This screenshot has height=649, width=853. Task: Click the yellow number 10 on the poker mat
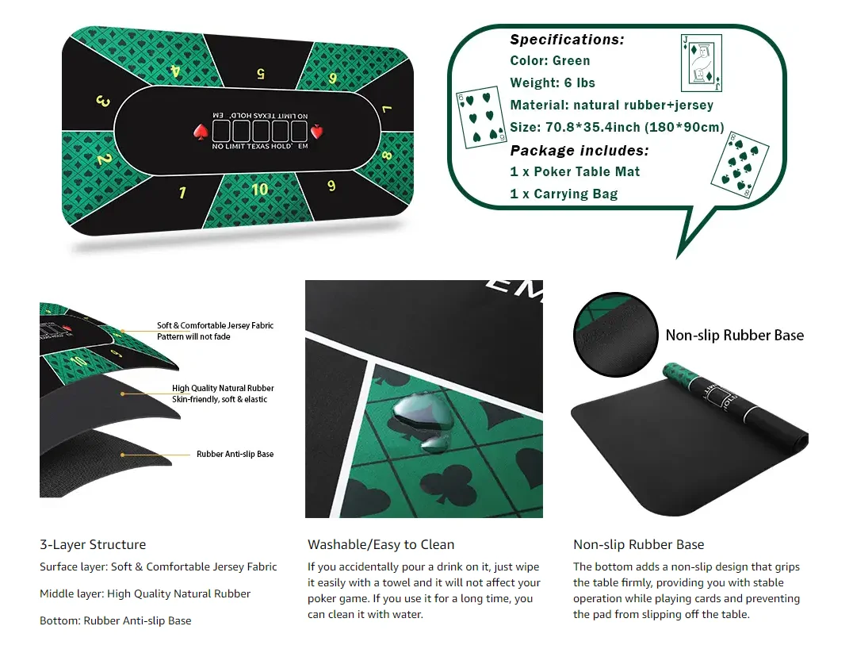[260, 190]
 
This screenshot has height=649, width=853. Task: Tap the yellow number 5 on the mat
[260, 74]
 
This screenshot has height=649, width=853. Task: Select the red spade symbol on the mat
[200, 131]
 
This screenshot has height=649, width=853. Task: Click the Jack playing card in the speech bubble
[702, 63]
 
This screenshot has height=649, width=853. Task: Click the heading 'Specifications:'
[567, 40]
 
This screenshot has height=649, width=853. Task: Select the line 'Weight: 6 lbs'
[553, 83]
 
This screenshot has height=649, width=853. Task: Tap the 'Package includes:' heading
[579, 150]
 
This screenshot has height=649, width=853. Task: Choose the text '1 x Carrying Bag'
[564, 194]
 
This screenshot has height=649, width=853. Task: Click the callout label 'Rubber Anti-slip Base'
[235, 455]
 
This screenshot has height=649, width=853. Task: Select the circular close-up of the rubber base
[616, 334]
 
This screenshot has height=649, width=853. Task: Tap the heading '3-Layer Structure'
[93, 544]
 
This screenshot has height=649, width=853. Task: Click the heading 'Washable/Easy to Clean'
[381, 544]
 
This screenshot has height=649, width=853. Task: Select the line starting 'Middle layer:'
[145, 593]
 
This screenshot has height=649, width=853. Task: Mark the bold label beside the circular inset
[734, 336]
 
